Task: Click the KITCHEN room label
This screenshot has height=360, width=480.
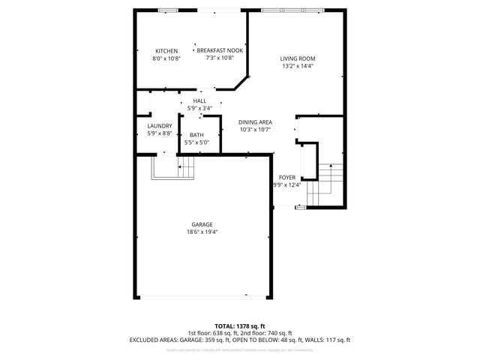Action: click(x=166, y=51)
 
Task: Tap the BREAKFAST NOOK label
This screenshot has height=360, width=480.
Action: click(x=214, y=51)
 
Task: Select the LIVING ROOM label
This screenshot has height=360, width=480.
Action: click(x=297, y=58)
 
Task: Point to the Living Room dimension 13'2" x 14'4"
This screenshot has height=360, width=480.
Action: click(x=297, y=66)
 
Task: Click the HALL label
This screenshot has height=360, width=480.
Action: click(x=199, y=100)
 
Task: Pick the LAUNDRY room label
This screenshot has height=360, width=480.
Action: click(x=160, y=126)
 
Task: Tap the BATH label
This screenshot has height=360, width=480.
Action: click(x=196, y=135)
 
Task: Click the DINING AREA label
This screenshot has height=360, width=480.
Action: click(x=255, y=122)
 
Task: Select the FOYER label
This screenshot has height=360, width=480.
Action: click(x=287, y=178)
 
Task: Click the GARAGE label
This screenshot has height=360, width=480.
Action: click(x=202, y=224)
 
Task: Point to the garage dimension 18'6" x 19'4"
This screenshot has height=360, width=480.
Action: click(x=202, y=232)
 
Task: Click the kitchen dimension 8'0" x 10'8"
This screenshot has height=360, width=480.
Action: click(x=166, y=58)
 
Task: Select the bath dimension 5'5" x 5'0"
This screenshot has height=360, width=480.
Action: click(x=196, y=142)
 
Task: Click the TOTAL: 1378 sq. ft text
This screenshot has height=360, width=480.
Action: click(x=240, y=326)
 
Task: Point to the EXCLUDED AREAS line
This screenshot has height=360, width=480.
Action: click(x=240, y=340)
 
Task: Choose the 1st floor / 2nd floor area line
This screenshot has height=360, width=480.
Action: click(x=240, y=333)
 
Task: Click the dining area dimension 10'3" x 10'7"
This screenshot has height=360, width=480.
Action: click(x=255, y=130)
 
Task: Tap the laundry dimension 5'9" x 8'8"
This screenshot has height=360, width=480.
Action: click(x=160, y=133)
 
